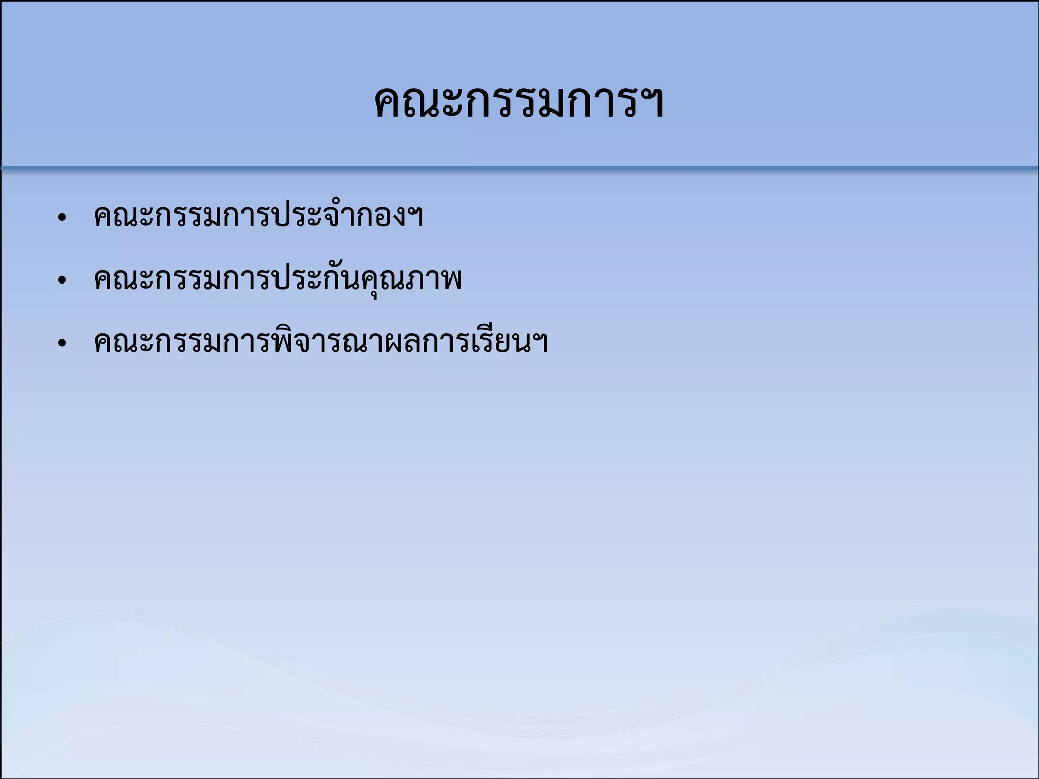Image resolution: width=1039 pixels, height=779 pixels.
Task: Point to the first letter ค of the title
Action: click(390, 104)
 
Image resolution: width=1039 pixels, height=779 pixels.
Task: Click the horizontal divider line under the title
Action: click(519, 167)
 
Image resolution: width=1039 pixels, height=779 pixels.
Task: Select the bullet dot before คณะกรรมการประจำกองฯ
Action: click(62, 218)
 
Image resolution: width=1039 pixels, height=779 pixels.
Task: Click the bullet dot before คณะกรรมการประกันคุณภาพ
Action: click(62, 280)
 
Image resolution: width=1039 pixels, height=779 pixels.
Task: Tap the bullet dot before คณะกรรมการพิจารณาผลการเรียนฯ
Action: click(62, 343)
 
